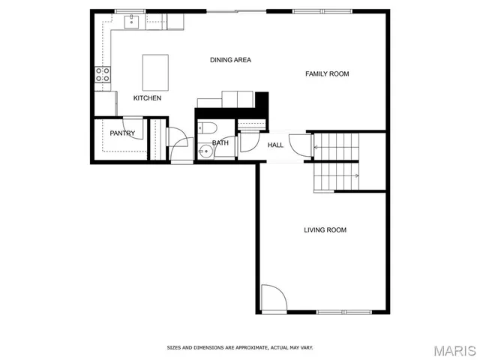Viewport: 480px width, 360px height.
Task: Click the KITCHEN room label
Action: pyautogui.click(x=147, y=98)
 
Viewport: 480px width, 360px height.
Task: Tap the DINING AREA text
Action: pyautogui.click(x=230, y=60)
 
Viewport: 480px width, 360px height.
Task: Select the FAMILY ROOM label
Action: pyautogui.click(x=327, y=73)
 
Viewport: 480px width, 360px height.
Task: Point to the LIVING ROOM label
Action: pyautogui.click(x=325, y=230)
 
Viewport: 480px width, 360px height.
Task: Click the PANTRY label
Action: pyautogui.click(x=121, y=133)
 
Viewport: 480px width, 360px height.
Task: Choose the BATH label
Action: pyautogui.click(x=220, y=142)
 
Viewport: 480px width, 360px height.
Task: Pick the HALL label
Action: pyautogui.click(x=275, y=145)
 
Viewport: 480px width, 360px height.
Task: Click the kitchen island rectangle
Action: pyautogui.click(x=155, y=71)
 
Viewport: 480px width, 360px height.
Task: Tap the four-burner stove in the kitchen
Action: pyautogui.click(x=102, y=75)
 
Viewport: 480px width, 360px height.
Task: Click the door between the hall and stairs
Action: pyautogui.click(x=298, y=145)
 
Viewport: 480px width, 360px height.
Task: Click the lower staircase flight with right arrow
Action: pyautogui.click(x=336, y=177)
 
